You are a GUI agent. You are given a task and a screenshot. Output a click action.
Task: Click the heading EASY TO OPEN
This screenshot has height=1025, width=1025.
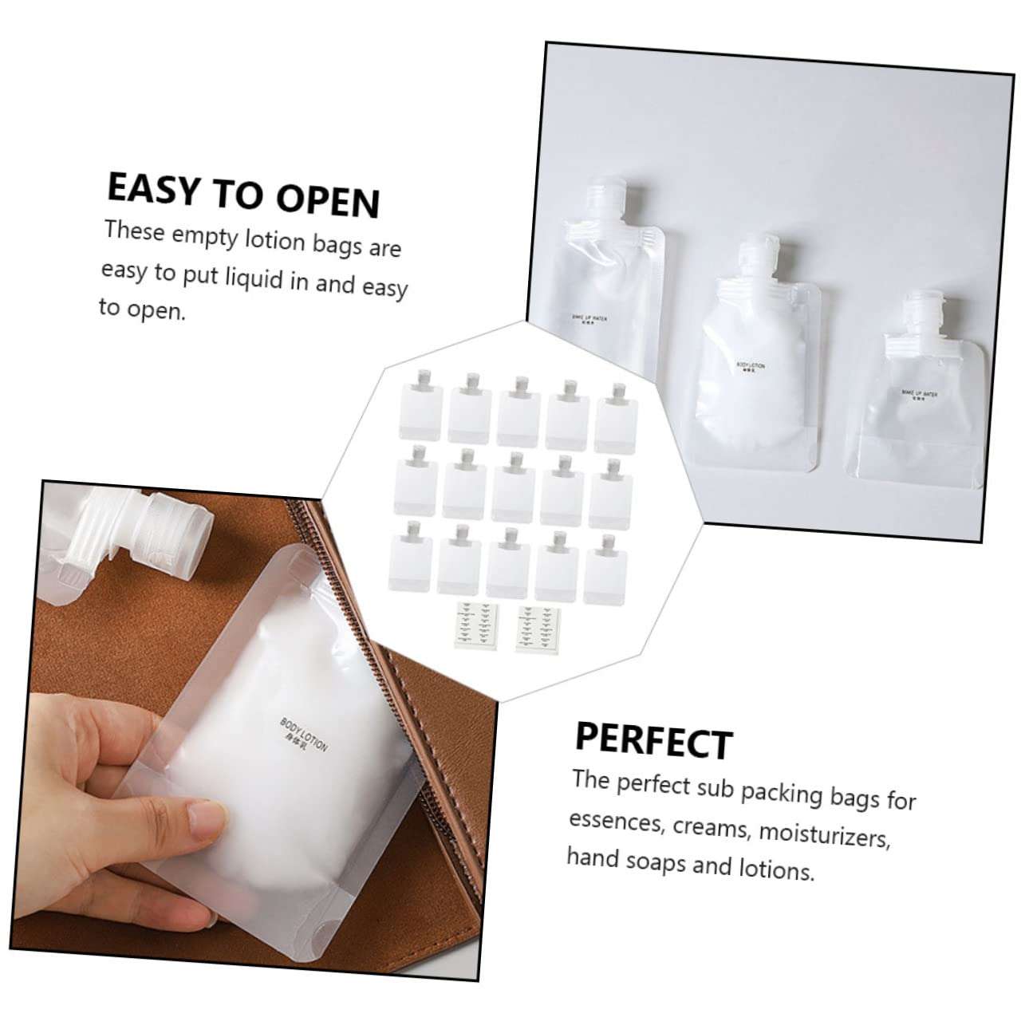tap(243, 194)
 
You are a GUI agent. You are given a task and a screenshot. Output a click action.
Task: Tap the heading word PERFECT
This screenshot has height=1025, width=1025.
tap(653, 741)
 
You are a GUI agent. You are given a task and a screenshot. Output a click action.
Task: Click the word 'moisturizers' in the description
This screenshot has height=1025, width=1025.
tap(823, 834)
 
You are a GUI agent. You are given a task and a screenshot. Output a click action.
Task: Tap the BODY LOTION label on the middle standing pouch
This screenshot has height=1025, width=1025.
tap(751, 368)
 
